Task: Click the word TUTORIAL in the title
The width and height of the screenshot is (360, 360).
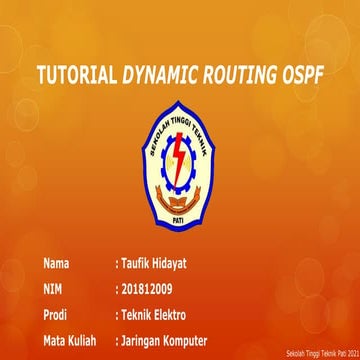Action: pyautogui.click(x=76, y=76)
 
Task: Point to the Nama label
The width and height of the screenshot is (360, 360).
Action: pyautogui.click(x=57, y=265)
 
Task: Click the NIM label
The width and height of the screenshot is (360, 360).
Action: pyautogui.click(x=53, y=289)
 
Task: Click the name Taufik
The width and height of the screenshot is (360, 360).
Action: pyautogui.click(x=137, y=265)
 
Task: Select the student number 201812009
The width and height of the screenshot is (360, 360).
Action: pyautogui.click(x=151, y=289)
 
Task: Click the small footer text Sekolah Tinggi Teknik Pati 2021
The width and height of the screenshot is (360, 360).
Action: pyautogui.click(x=321, y=354)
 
